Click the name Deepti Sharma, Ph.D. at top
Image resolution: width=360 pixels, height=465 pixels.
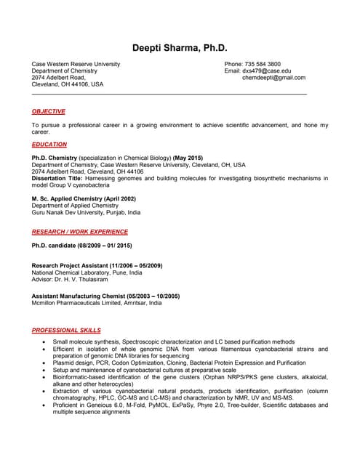pos(180,48)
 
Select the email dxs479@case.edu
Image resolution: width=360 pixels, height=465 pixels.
pos(266,70)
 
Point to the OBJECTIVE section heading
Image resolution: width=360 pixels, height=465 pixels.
pos(49,111)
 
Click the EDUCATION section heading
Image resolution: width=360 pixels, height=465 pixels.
pos(49,145)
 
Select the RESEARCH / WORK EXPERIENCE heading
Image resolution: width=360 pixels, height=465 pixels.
pos(80,232)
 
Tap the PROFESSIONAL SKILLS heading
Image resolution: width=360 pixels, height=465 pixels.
pos(65,330)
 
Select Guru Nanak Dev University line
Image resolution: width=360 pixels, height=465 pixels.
pos(86,212)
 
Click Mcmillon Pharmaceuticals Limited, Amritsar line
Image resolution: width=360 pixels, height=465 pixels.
pos(97,303)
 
